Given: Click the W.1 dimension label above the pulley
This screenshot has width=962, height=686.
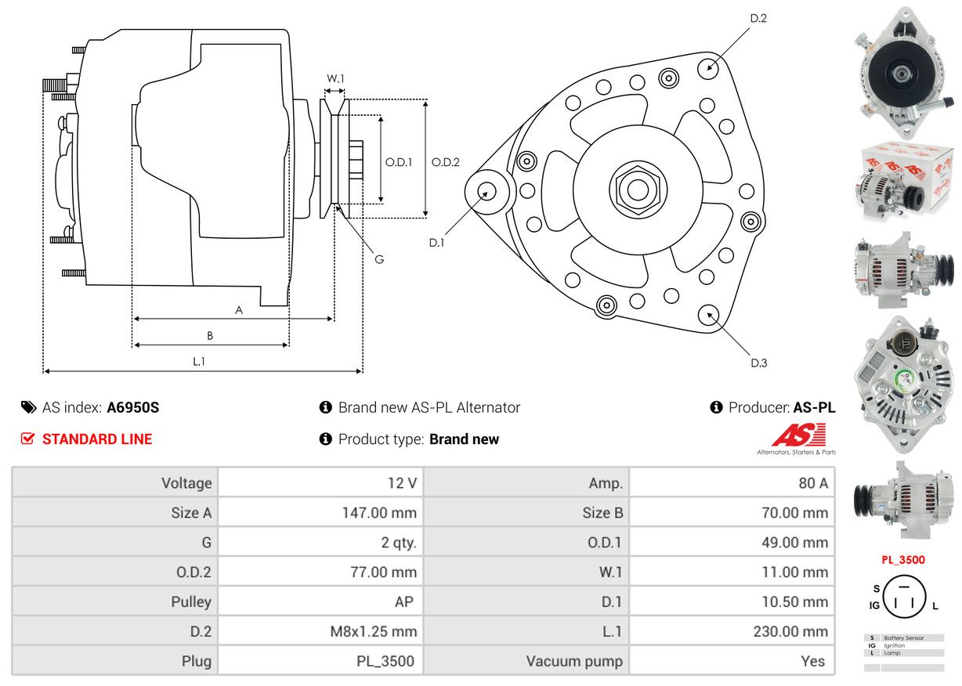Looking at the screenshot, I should [335, 78].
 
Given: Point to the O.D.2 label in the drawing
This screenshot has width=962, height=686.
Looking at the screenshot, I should [445, 162].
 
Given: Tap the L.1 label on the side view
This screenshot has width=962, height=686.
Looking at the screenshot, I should [199, 361].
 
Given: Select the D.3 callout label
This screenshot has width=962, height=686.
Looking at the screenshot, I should [758, 363].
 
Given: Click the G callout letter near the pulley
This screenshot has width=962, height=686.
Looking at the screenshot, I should [378, 259].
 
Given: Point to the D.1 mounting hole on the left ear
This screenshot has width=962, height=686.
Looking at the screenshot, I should [487, 191].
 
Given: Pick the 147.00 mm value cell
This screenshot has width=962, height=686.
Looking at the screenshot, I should [320, 513].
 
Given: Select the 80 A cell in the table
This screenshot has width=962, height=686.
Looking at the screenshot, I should [732, 483].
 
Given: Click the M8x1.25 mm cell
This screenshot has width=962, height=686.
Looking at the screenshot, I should [320, 631].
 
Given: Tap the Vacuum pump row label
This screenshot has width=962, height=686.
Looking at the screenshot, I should [526, 661].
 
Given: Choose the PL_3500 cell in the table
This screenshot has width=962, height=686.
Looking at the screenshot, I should [320, 661].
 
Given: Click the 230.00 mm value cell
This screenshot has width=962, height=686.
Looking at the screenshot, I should [732, 631].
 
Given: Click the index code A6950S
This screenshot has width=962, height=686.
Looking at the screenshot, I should [133, 407].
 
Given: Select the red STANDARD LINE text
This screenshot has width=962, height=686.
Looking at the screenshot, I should [97, 439].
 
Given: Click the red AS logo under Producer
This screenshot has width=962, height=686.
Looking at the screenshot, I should [798, 436].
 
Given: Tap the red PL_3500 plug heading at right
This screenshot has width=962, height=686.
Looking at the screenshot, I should [902, 560].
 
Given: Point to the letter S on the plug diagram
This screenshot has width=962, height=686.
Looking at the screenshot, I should [876, 588].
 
